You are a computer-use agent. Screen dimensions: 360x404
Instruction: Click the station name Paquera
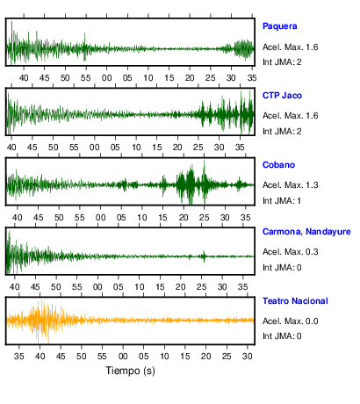point(280,26)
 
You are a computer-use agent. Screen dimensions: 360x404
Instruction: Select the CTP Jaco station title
point(282,96)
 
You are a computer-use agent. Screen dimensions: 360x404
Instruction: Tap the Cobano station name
point(278,165)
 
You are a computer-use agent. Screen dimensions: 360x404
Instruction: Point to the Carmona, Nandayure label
point(306,232)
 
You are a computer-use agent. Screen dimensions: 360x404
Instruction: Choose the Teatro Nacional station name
point(295,301)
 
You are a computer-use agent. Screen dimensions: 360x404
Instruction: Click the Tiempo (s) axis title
point(130,371)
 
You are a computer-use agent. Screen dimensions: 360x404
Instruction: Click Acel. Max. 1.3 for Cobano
point(291,185)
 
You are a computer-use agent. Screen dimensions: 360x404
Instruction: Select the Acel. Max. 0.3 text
point(291,252)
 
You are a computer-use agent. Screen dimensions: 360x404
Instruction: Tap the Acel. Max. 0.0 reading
point(291,321)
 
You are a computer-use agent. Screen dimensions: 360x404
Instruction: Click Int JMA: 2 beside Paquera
point(282,62)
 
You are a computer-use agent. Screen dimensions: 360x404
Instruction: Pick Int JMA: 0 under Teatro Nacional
point(282,335)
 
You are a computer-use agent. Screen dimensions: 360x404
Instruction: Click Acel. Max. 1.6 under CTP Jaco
point(291,116)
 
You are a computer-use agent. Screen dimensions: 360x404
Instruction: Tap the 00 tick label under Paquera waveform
point(106,78)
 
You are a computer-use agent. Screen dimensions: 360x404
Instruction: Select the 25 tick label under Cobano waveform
point(205,218)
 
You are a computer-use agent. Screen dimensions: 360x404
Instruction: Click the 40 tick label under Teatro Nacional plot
point(40,357)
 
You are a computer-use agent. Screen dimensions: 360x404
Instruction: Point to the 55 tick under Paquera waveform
point(86,78)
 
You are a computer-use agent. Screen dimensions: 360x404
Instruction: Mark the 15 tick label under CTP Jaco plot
point(157,148)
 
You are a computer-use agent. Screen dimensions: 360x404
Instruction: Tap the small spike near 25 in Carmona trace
point(204,256)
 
